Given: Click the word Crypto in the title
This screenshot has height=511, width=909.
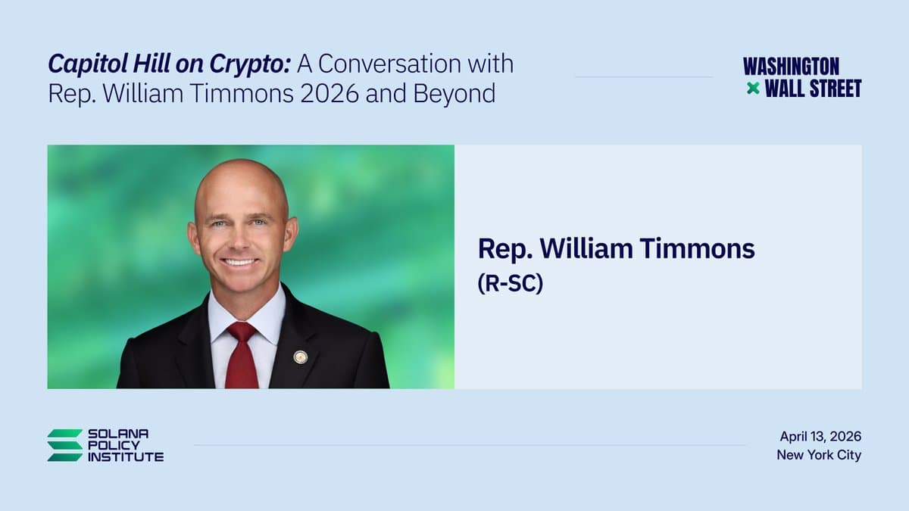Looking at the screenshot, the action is tap(250, 64).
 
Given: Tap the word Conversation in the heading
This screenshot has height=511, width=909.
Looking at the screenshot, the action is tap(389, 64).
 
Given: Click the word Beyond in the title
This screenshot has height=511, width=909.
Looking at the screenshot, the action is tap(454, 94).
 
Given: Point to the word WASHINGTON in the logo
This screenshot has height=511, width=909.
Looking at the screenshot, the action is tap(791, 67).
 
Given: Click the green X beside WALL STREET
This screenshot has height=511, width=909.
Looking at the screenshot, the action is tap(753, 89).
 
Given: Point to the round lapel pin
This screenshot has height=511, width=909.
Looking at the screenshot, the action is tap(300, 357).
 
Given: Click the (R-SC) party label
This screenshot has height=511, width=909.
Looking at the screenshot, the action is tap(510, 283).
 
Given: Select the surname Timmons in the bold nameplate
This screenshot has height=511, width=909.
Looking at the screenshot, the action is tap(697, 248).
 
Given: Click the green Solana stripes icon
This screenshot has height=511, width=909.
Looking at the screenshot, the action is tap(65, 445).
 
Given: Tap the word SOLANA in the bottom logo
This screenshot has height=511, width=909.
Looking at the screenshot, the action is tap(118, 434).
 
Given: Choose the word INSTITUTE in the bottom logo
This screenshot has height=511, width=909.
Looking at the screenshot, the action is tap(126, 457).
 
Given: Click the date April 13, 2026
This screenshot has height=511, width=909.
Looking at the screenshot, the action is tap(820, 437).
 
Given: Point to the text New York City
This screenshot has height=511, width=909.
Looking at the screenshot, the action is tap(819, 455).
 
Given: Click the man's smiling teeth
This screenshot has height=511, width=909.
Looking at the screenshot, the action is tap(240, 262).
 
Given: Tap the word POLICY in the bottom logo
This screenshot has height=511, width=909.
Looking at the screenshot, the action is tap(114, 445).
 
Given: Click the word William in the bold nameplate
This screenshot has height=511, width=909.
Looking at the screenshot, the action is tap(586, 248).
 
